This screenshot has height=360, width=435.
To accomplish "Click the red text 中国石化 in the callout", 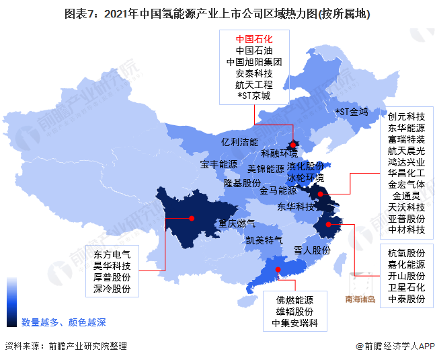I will pos(253,39).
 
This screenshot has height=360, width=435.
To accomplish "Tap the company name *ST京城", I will pos(253,96).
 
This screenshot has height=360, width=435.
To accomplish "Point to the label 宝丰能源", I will pos(219,164).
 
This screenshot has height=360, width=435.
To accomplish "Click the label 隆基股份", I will pos(242,183).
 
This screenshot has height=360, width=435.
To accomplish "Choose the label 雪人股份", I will pos(313,250).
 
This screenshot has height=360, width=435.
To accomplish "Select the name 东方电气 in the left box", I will pos(112,254).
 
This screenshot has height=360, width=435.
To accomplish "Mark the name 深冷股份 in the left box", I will pos(112,289).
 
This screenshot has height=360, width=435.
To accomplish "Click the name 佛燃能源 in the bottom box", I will pos(294,300).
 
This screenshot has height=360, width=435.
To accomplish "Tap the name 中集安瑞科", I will pos(294,324).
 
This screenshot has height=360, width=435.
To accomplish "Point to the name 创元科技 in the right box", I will pos(406,116).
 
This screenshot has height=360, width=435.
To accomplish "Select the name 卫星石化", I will pos(406,287).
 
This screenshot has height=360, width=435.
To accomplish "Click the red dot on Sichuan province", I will pos(192,218).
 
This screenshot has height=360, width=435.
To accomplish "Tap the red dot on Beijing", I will pos(293,144).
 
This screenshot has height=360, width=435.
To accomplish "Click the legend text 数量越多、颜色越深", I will pos(63,322).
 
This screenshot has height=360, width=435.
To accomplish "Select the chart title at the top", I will pos(217,13).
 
